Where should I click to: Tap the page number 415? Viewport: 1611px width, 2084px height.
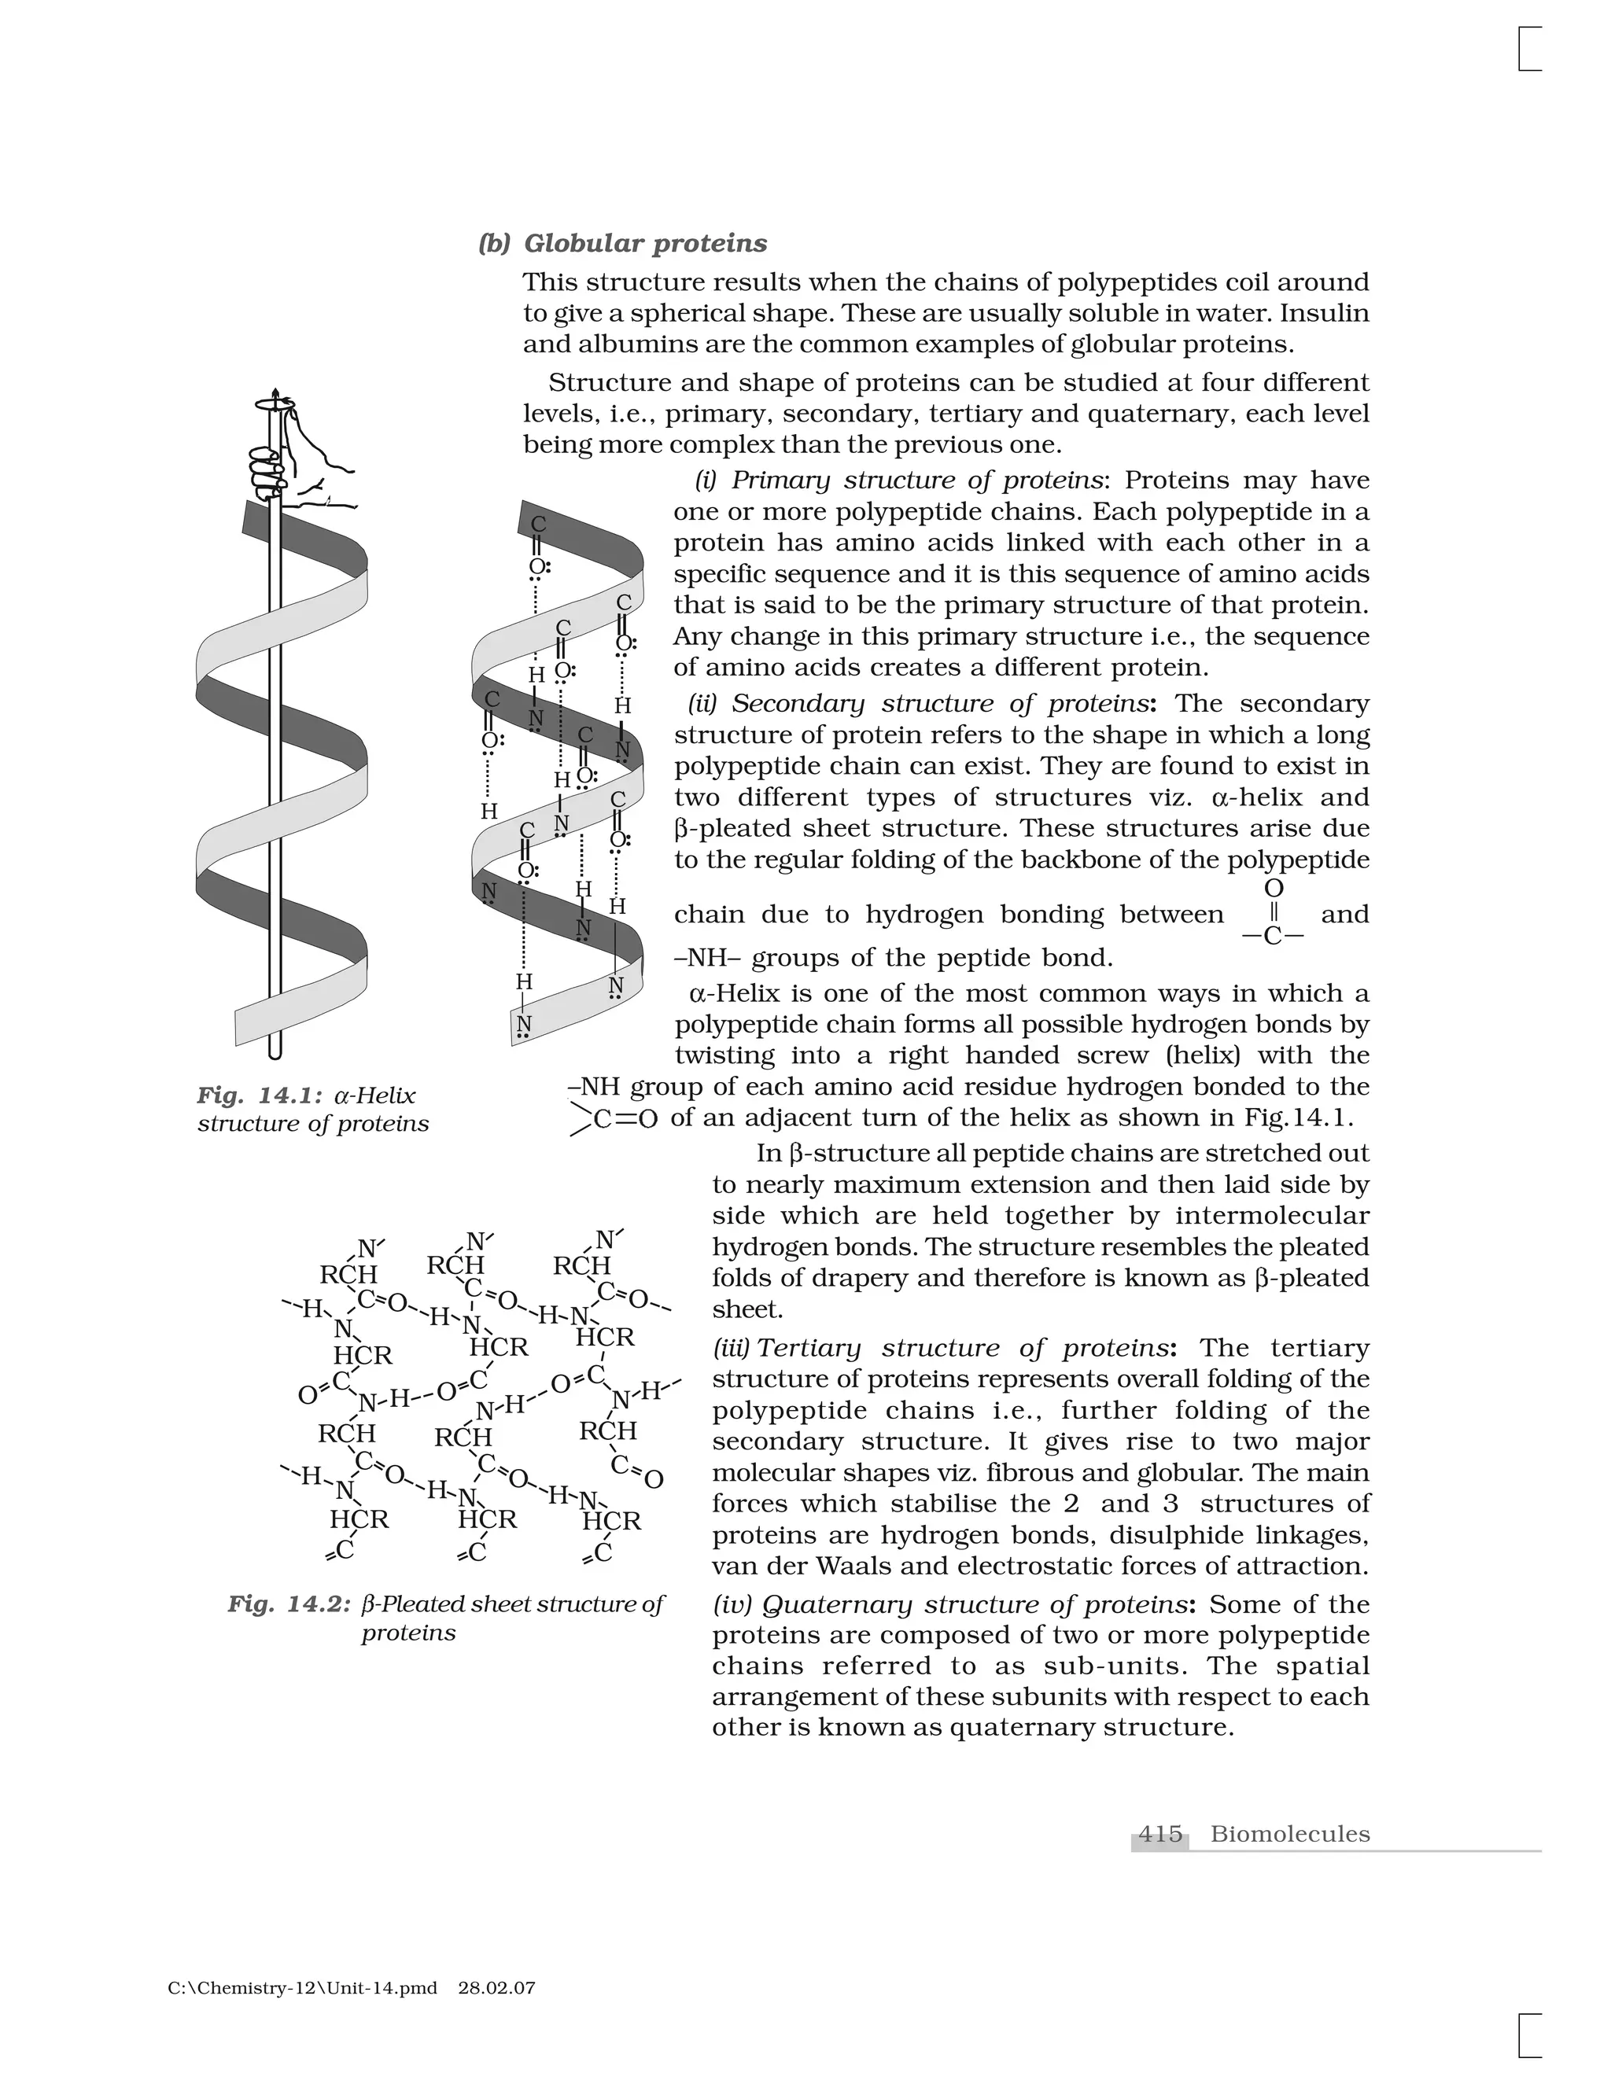click(1159, 1833)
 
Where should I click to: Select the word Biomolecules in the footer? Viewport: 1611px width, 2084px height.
click(1289, 1833)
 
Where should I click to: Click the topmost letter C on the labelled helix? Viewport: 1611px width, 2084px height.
click(538, 525)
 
